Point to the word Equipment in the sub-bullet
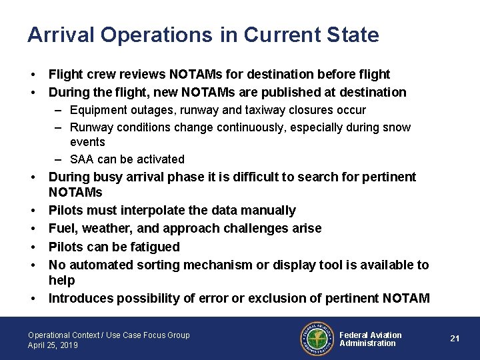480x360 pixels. point(96,109)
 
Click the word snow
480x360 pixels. point(397,127)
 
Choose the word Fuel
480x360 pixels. point(61,229)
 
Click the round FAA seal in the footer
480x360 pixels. point(316,339)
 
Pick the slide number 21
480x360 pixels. point(455,339)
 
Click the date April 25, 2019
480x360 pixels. point(53,345)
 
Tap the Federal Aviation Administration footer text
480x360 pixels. point(371,339)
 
